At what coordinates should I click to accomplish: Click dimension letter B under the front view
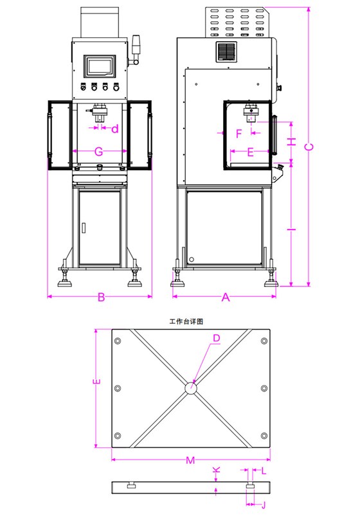(100, 298)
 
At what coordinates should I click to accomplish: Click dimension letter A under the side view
(225, 298)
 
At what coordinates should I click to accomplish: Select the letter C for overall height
(309, 147)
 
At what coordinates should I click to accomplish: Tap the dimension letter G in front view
(99, 152)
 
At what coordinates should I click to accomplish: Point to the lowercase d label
(114, 129)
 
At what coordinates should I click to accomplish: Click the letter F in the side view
(239, 134)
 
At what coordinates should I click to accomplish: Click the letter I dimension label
(291, 228)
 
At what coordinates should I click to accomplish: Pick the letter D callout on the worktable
(217, 338)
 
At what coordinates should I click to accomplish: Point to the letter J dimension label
(262, 505)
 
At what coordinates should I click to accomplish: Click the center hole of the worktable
(192, 389)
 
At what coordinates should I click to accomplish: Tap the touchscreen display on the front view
(100, 66)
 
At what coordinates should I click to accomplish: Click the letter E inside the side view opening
(251, 152)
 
